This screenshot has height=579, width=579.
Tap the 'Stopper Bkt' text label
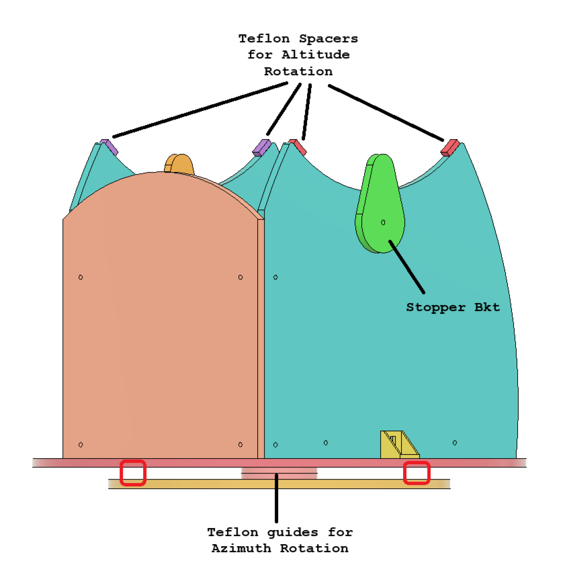pos(453,308)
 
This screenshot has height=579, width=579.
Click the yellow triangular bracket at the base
pos(398,445)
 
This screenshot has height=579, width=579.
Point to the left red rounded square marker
pos(133,473)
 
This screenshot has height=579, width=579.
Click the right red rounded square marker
pos(416,473)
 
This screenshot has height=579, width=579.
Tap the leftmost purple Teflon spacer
pos(109,146)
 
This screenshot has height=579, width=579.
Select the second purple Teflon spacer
pos(261,146)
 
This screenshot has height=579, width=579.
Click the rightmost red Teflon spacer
pos(449,147)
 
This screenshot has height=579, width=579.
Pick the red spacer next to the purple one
pos(297,146)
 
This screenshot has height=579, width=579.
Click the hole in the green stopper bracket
pos(383,222)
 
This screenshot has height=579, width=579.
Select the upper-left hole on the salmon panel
pos(81,277)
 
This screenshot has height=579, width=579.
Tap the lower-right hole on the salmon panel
pos(240,445)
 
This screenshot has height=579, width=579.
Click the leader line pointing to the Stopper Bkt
pos(406,267)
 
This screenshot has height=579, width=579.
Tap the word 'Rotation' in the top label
pos(298,71)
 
